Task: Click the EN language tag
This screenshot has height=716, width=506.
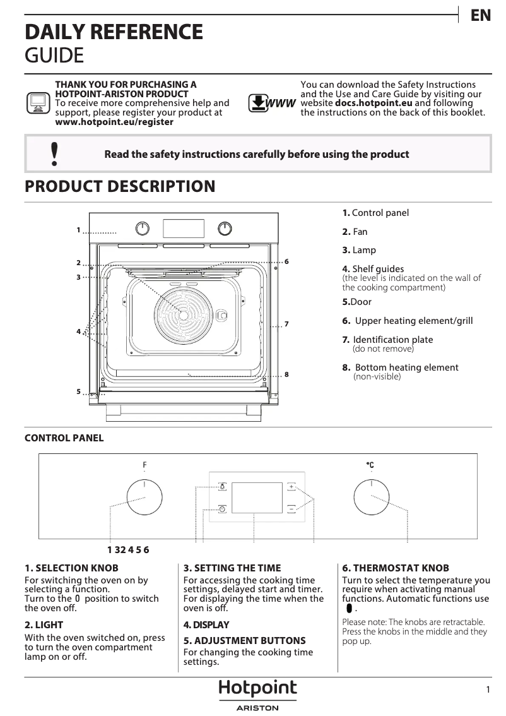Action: tap(481, 16)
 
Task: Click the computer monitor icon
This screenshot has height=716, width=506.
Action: tap(38, 102)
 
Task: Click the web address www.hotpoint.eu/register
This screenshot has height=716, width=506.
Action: tap(114, 122)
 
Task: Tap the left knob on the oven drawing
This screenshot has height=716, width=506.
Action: tap(143, 228)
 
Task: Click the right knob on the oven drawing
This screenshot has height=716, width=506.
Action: tap(225, 228)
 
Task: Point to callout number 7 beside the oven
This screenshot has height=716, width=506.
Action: tap(286, 325)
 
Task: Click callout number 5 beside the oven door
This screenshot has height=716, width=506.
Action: tap(79, 392)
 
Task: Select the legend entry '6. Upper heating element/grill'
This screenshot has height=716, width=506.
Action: tap(408, 321)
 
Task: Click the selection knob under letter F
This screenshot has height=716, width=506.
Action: tap(144, 498)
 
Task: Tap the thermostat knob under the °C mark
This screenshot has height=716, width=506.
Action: tap(371, 498)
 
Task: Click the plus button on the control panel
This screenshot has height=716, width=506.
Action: tap(291, 487)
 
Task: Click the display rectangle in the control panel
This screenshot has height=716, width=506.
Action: tap(257, 498)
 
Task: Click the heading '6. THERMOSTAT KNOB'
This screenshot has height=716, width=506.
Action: tap(387, 568)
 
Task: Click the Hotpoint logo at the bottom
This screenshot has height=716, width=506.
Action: tap(257, 689)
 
